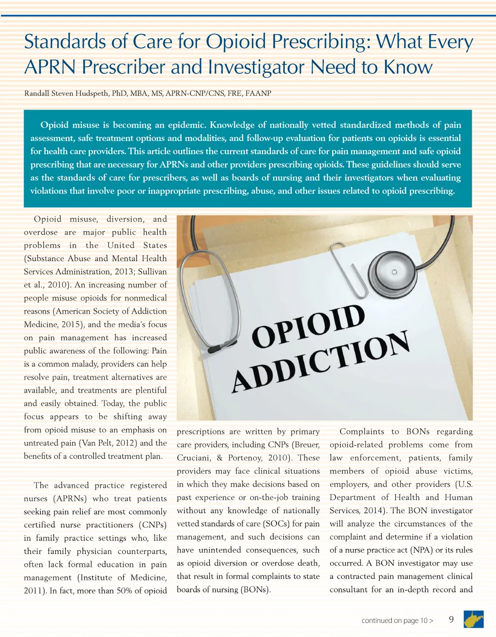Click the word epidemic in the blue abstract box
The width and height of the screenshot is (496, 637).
coord(186,125)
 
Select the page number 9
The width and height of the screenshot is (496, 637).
coord(451,619)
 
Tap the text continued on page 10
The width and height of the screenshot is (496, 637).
coord(397,621)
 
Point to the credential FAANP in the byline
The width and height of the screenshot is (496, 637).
coord(258,93)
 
